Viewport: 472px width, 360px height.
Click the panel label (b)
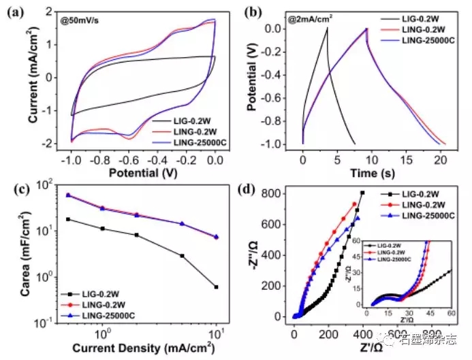pyautogui.click(x=253, y=12)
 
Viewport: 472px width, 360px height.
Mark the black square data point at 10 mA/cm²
pyautogui.click(x=216, y=287)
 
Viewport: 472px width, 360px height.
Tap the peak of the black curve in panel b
pyautogui.click(x=328, y=28)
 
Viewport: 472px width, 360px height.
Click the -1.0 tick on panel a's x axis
pyautogui.click(x=70, y=156)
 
